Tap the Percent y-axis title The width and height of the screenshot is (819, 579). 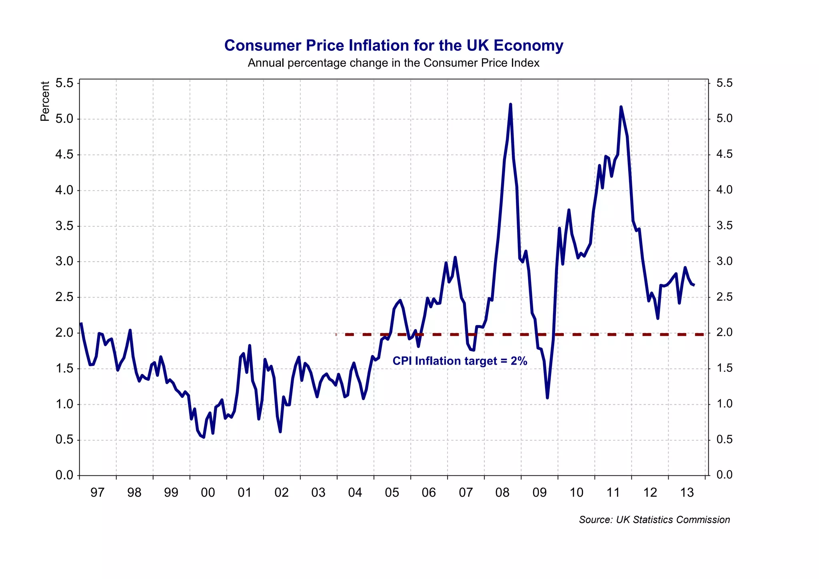[45, 101]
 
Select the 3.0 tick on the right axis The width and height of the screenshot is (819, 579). [724, 262]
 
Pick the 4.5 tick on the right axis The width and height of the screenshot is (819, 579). [724, 154]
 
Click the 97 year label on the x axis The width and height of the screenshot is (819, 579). [97, 493]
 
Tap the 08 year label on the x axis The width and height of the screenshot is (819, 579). [502, 493]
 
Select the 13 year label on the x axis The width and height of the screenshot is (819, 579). [687, 493]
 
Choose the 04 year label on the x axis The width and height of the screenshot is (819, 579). [355, 493]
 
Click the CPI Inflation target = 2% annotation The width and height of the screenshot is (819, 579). [460, 361]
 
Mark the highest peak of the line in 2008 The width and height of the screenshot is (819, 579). [511, 104]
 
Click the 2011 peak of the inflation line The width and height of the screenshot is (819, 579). [621, 107]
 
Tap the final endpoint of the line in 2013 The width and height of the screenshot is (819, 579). [694, 285]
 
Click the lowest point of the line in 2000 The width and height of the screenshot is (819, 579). [204, 437]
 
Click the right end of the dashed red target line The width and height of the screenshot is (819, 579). [703, 334]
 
